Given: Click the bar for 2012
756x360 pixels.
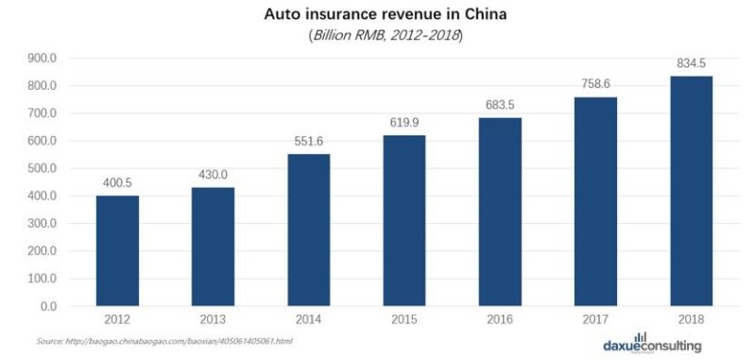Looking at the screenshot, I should pyautogui.click(x=116, y=250).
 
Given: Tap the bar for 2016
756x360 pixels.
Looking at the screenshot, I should pyautogui.click(x=500, y=212).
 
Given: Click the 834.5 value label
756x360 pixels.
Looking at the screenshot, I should pyautogui.click(x=692, y=64).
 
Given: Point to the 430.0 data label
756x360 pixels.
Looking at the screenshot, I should pyautogui.click(x=213, y=176).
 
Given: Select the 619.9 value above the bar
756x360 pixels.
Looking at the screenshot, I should pyautogui.click(x=404, y=123).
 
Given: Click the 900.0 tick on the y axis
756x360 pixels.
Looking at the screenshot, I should pyautogui.click(x=43, y=59).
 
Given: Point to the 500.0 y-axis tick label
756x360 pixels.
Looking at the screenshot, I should pyautogui.click(x=43, y=169).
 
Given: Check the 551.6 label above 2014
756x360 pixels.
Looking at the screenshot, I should pyautogui.click(x=308, y=142).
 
